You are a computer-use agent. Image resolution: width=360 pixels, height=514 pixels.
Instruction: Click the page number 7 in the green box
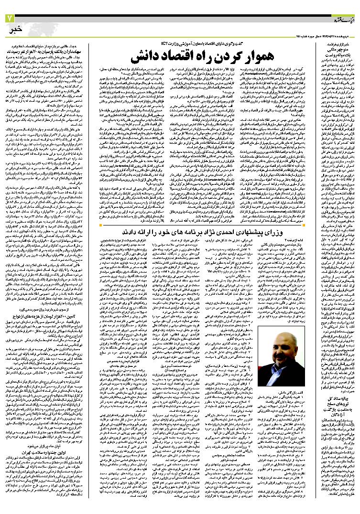10,18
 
